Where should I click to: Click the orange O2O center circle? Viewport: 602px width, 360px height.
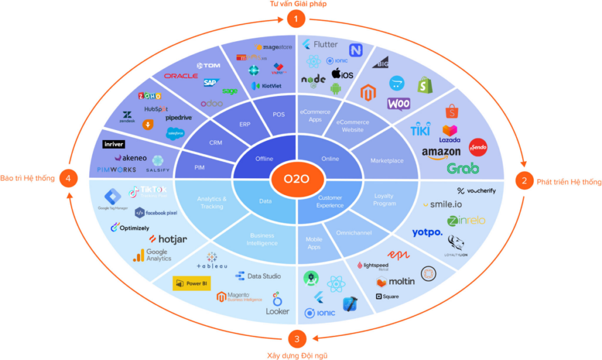click(296, 179)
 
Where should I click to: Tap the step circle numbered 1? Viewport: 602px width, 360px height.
click(296, 19)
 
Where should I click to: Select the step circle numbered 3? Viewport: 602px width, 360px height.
click(297, 339)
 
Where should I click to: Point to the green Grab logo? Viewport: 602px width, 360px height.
click(463, 168)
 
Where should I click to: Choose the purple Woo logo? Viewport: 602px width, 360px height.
click(399, 104)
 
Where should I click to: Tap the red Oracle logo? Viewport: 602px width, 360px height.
click(180, 76)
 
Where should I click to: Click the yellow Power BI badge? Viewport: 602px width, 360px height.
click(192, 283)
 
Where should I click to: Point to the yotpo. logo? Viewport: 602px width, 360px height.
click(427, 233)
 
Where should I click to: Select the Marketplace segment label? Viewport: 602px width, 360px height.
click(387, 160)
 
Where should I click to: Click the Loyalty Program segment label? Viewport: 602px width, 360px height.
click(384, 199)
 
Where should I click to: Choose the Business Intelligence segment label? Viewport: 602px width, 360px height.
click(262, 239)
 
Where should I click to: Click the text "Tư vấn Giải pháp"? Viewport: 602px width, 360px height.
click(298, 4)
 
